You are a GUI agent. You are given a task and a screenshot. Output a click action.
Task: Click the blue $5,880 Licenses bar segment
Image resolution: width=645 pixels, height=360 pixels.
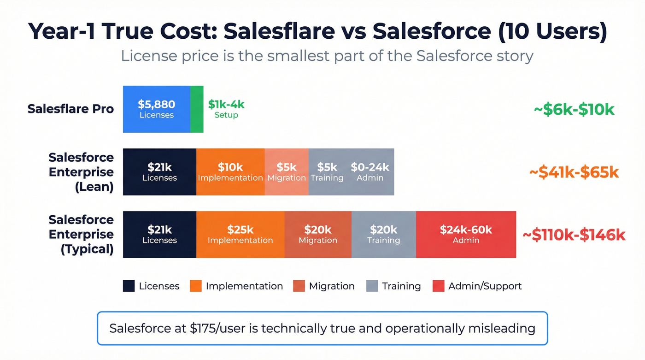click(x=157, y=109)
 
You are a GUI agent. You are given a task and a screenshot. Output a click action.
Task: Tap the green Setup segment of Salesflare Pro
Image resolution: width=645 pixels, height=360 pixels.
click(x=197, y=109)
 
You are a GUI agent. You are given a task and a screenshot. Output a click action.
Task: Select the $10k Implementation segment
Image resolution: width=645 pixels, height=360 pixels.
click(x=230, y=172)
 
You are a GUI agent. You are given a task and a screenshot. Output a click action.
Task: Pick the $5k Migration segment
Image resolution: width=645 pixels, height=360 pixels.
click(x=287, y=172)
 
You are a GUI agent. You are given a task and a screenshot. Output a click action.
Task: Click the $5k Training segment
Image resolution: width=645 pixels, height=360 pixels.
click(x=327, y=172)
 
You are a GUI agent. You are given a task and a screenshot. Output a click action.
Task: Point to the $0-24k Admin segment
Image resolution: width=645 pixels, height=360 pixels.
click(x=370, y=172)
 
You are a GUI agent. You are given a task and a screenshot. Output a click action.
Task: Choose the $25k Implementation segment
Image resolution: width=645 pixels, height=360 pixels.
click(x=240, y=234)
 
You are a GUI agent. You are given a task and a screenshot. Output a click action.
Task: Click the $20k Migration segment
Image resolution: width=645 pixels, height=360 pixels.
click(x=318, y=234)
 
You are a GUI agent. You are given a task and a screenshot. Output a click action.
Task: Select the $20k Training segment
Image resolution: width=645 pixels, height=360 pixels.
click(x=383, y=234)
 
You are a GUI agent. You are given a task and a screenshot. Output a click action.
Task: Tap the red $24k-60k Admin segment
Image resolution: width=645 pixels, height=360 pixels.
click(x=466, y=234)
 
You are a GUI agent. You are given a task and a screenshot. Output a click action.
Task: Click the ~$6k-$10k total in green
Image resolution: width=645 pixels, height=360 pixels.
click(x=574, y=110)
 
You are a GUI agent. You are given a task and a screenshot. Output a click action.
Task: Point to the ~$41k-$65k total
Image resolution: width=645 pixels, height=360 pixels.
click(x=574, y=172)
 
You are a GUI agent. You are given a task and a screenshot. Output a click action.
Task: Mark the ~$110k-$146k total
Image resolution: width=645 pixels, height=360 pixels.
click(x=574, y=235)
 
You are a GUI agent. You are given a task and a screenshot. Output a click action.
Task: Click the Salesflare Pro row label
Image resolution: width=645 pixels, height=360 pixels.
click(x=70, y=109)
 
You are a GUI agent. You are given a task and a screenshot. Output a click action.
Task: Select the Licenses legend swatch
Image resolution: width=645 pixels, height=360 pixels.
click(x=129, y=286)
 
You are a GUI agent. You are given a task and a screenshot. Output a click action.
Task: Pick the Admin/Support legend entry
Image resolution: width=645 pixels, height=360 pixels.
click(x=477, y=286)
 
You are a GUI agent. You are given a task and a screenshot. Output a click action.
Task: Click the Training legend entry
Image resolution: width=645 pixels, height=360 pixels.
click(x=394, y=286)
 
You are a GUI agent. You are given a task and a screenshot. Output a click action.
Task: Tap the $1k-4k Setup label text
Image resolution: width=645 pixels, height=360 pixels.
click(x=226, y=109)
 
